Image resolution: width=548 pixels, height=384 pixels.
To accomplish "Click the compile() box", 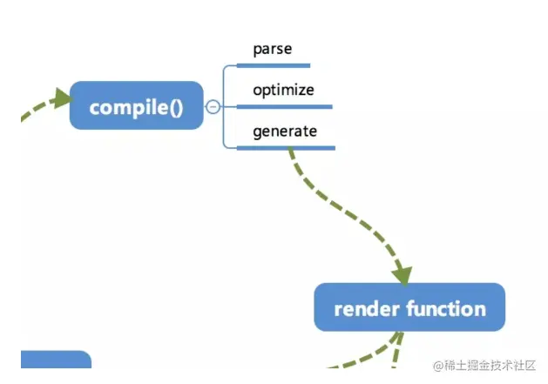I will [x=136, y=106].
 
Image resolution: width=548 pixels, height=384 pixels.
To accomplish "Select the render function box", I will [x=409, y=307].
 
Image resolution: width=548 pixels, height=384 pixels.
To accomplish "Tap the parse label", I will [x=272, y=49].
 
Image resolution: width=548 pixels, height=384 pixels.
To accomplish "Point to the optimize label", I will [x=283, y=90].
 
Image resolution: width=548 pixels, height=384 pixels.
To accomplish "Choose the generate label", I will [x=285, y=131].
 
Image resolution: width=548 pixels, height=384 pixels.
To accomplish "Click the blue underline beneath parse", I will [x=273, y=64].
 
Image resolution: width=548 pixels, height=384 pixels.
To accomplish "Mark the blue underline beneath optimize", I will [x=284, y=106].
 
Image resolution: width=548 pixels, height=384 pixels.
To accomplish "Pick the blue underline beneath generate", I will [x=286, y=148].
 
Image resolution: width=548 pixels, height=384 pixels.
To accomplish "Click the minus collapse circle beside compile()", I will [x=213, y=106].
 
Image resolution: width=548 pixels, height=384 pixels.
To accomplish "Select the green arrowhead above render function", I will [x=402, y=274].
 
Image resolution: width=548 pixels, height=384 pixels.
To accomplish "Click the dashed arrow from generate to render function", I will [x=340, y=209].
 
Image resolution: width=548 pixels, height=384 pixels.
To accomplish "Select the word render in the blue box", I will [x=360, y=308].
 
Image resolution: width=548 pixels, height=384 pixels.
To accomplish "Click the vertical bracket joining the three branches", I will [x=225, y=106].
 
